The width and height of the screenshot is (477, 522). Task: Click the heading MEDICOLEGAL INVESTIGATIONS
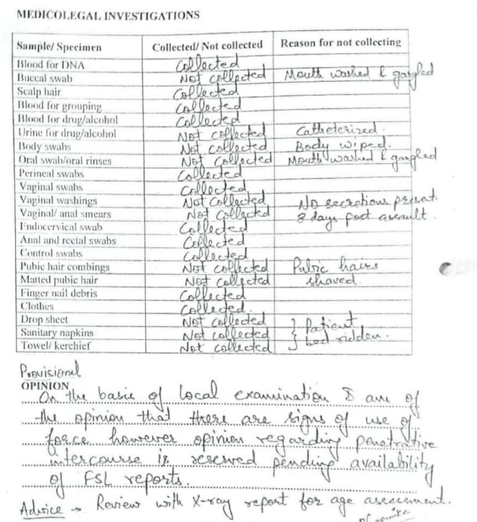point(108,15)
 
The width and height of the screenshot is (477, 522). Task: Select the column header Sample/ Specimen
point(59,46)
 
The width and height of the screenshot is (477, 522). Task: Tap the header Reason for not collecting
point(341,43)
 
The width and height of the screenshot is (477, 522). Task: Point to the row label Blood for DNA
point(51,64)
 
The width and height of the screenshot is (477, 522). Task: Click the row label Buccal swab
point(44,78)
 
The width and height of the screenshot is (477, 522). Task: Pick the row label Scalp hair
point(39,92)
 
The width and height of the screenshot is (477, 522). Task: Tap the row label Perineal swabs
point(51,174)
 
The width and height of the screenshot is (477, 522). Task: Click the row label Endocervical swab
point(61,227)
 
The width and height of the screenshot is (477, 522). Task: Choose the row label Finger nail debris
point(58,293)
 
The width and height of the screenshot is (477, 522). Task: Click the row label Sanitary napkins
point(57,332)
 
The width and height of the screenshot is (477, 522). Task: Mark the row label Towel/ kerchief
point(55,346)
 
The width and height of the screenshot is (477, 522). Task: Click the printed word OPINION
point(44,386)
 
